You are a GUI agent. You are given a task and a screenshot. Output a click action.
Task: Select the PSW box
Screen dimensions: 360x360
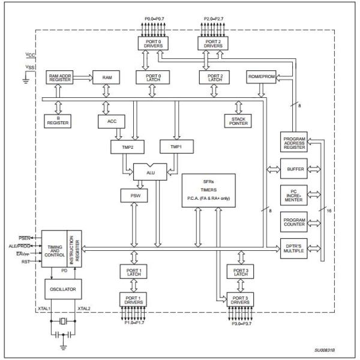[x=132, y=196]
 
